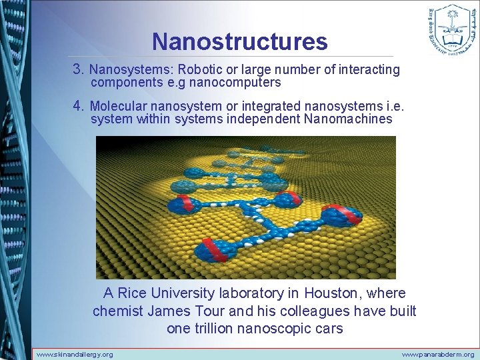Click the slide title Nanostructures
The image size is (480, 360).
[x=239, y=41]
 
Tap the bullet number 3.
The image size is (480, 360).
[x=78, y=69]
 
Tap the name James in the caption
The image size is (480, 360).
[x=169, y=311]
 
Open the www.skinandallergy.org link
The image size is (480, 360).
[x=75, y=354]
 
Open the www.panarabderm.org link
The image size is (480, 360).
[x=438, y=354]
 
